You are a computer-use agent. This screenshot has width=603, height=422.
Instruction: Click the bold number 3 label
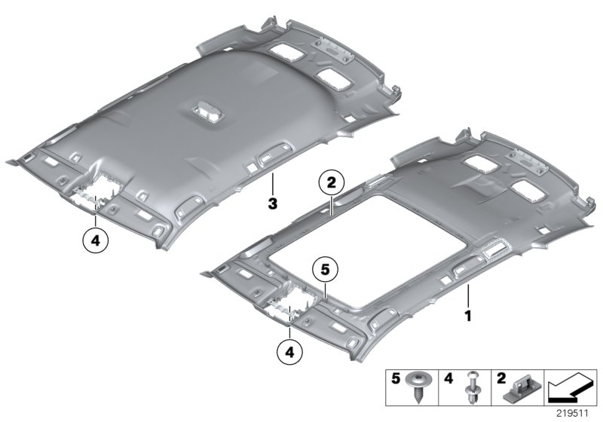(272, 203)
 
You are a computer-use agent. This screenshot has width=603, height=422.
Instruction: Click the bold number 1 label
(468, 316)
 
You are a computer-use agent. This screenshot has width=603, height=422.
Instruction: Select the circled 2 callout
(332, 183)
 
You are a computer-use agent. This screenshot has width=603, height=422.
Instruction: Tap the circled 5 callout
(325, 270)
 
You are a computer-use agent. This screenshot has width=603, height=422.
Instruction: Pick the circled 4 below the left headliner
(96, 241)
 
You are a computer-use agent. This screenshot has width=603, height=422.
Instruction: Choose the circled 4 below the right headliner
(289, 352)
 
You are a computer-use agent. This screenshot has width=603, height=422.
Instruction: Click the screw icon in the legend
(417, 387)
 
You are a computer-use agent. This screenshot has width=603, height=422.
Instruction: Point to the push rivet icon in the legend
(473, 387)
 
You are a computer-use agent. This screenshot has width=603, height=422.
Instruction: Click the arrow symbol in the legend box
(571, 388)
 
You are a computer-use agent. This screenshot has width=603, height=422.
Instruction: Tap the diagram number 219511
(573, 414)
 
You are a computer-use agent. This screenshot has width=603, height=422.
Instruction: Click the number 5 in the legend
(396, 378)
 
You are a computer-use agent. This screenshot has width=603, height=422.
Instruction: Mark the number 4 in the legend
(448, 378)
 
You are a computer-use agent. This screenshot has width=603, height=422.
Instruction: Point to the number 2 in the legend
(501, 378)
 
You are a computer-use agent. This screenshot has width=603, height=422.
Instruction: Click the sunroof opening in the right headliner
(372, 251)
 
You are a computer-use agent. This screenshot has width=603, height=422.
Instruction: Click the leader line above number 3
(272, 184)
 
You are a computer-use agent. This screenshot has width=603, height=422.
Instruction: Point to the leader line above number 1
(468, 296)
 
